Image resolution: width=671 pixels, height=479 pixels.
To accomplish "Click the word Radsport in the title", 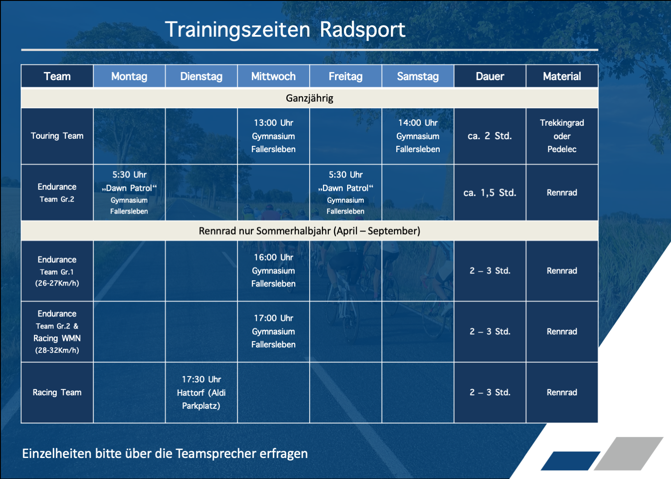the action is click(x=362, y=30).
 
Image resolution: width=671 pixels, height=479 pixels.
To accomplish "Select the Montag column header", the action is click(x=129, y=76).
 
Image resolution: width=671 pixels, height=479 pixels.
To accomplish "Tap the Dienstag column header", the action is click(x=201, y=76).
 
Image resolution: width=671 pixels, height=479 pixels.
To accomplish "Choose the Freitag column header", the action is click(x=346, y=76).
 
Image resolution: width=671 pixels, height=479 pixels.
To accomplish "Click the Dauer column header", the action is click(x=490, y=76).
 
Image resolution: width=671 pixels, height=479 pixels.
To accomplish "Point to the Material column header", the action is click(x=562, y=76).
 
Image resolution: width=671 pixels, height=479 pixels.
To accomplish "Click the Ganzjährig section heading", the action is click(x=310, y=98).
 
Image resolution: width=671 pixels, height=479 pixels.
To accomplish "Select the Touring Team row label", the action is click(x=57, y=136).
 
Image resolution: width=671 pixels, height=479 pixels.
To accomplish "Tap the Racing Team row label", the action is click(x=57, y=392).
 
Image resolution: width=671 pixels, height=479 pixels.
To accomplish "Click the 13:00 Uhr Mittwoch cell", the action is click(x=273, y=136).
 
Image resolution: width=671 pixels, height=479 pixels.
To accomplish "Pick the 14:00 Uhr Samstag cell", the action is click(x=418, y=136).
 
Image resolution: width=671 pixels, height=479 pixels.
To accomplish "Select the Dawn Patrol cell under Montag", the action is click(x=129, y=192).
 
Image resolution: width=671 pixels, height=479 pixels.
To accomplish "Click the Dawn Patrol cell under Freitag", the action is click(x=346, y=192).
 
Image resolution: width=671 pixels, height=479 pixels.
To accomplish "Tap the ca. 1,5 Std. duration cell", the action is click(x=490, y=192).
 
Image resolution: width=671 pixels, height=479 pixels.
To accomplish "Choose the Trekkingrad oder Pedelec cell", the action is click(x=562, y=136).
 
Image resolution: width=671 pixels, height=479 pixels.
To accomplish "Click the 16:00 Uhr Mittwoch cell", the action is click(x=273, y=271).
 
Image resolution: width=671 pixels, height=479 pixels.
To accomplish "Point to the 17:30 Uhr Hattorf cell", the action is click(x=201, y=392).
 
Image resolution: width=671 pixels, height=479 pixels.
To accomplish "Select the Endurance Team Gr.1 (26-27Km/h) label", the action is click(x=57, y=271).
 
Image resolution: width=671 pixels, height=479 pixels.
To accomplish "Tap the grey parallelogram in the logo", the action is click(x=629, y=453).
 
